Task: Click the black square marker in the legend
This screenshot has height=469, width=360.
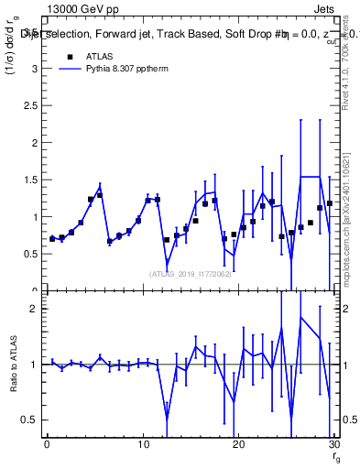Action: tap(70, 56)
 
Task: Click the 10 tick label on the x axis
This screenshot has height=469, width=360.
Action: tap(142, 444)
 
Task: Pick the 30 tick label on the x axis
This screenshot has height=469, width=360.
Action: tap(333, 444)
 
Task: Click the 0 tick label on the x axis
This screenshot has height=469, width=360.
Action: tap(48, 444)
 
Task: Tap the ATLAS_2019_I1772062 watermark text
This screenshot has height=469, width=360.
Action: tap(189, 273)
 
